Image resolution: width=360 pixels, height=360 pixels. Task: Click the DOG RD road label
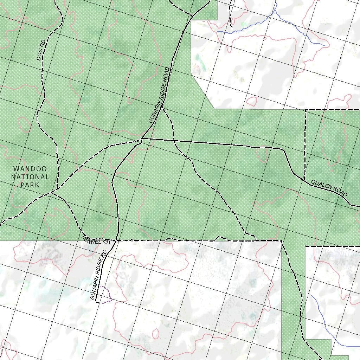(x=41, y=50)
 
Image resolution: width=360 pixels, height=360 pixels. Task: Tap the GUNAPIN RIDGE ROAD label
(x=159, y=95)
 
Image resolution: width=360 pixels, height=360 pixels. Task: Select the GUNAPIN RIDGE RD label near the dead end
(x=98, y=275)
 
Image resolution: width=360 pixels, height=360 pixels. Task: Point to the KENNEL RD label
(x=96, y=241)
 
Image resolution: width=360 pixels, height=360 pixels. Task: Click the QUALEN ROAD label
(x=329, y=188)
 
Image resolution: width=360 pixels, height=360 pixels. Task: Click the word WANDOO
(x=30, y=169)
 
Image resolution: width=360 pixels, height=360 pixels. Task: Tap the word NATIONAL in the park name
(x=30, y=177)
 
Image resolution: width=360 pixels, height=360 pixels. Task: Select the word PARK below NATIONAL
(x=30, y=185)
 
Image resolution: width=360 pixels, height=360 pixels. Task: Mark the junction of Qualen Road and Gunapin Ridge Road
(x=141, y=140)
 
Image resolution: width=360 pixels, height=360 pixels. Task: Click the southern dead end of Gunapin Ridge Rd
(x=96, y=302)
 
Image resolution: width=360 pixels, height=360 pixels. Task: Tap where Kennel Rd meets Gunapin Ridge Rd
(x=117, y=241)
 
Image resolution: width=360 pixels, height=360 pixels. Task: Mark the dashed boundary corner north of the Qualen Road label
(x=306, y=110)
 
